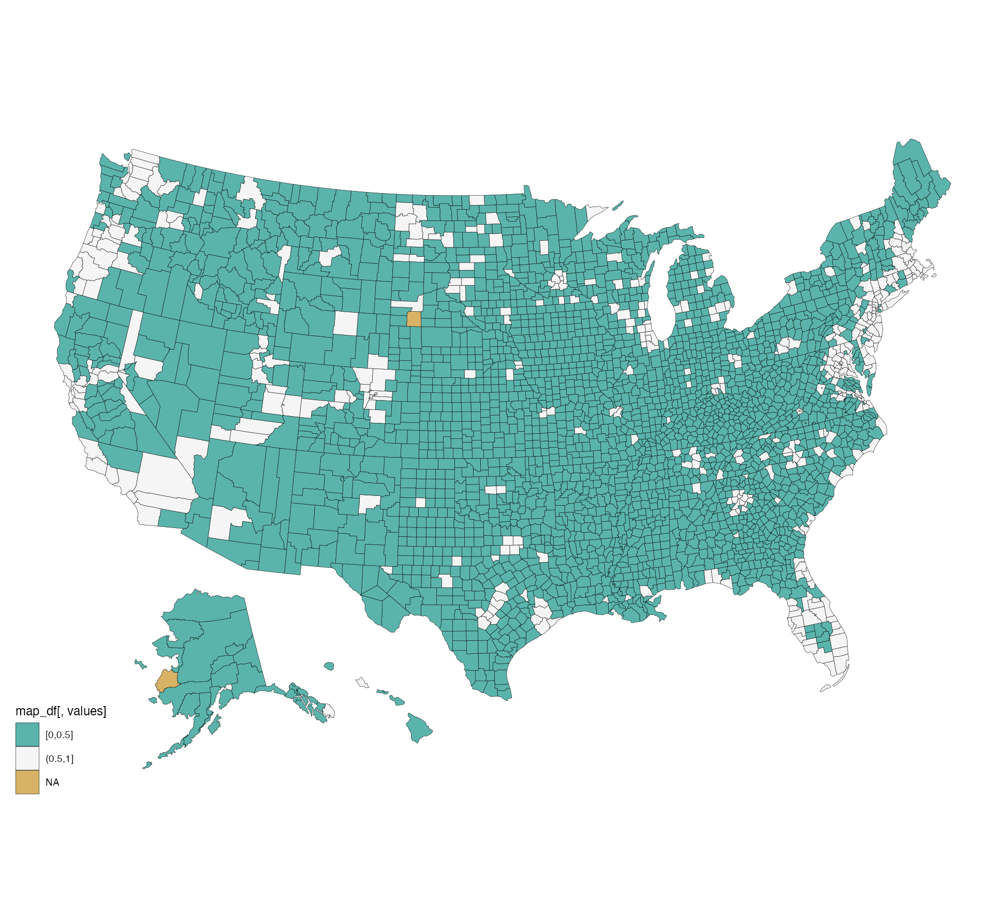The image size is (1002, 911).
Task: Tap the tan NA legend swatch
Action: pyautogui.click(x=27, y=782)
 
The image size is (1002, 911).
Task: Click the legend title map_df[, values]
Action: pyautogui.click(x=61, y=711)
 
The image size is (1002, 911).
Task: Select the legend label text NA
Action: pyautogui.click(x=52, y=783)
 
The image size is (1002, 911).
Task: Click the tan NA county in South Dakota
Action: pyautogui.click(x=414, y=319)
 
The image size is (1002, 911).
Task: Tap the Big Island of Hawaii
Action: pyautogui.click(x=418, y=727)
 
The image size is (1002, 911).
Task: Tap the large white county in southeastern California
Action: pyautogui.click(x=160, y=474)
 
